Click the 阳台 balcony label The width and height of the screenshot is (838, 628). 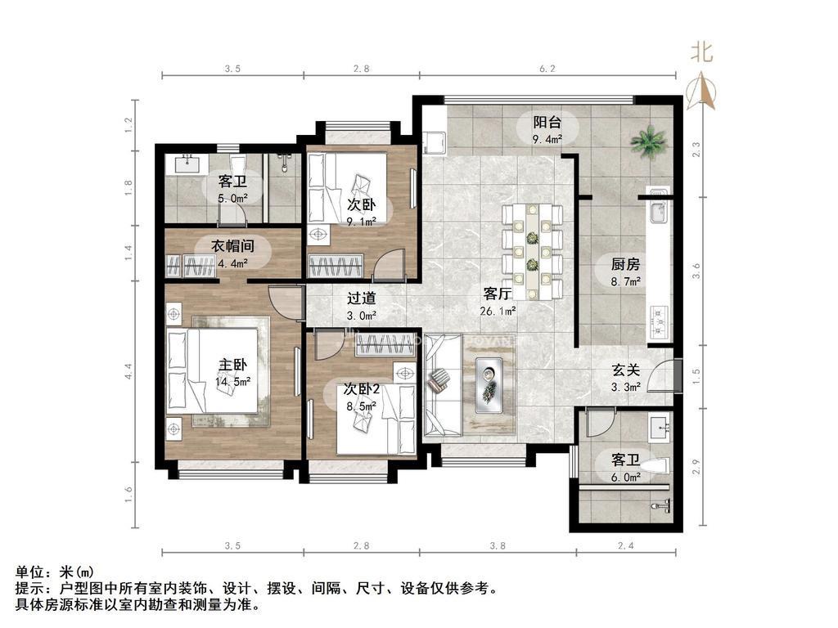tap(547, 123)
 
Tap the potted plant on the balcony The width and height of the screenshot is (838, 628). tap(649, 141)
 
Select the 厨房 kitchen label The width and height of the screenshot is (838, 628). tap(625, 264)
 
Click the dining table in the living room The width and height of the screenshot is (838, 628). tap(532, 252)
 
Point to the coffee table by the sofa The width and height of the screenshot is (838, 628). tap(489, 384)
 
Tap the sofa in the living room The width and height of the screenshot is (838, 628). tap(443, 386)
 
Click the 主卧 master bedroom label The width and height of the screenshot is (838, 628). tap(232, 365)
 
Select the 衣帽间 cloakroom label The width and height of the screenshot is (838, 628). tap(232, 246)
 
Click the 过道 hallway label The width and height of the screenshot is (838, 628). tap(361, 298)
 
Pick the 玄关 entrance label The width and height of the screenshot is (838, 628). tap(625, 370)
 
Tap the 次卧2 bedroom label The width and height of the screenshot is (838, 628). tap(361, 389)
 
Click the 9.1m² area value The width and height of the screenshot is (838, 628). tap(361, 222)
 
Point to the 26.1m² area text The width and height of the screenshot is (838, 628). tap(498, 310)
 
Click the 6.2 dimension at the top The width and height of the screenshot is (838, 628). tap(547, 69)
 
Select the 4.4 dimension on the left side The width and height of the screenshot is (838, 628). tap(128, 371)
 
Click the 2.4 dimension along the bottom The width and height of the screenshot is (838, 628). tap(625, 545)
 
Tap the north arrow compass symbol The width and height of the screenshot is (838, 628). tap(701, 91)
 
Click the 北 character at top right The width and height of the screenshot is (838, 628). tap(701, 52)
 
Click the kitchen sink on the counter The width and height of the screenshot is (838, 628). tap(657, 206)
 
